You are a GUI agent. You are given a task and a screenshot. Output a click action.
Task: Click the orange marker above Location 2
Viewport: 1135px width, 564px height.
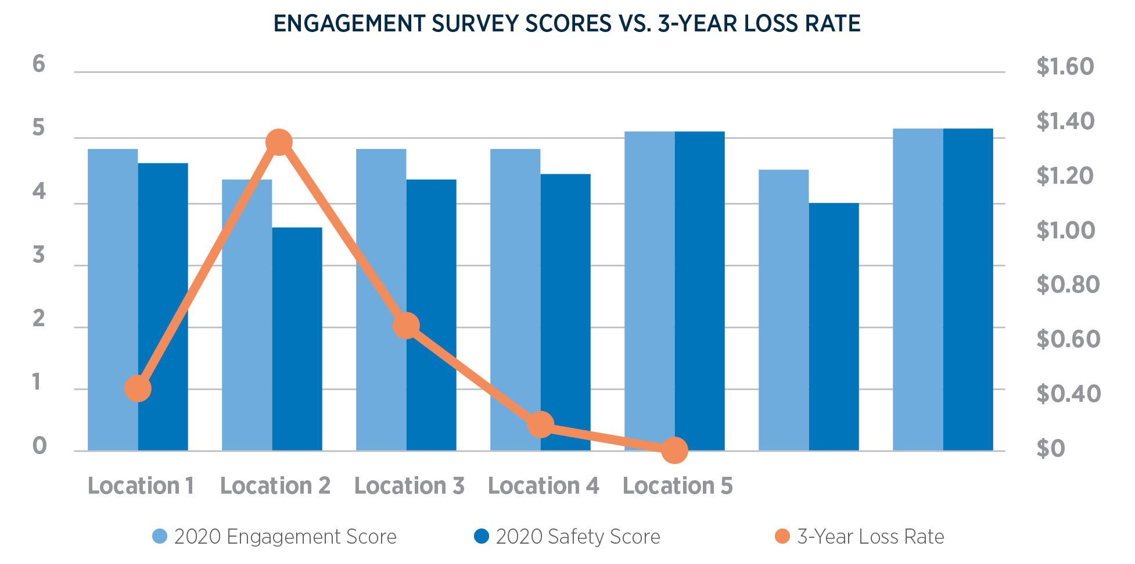(x=279, y=142)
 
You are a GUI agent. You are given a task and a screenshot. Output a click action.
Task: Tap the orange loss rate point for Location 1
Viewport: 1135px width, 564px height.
(x=138, y=388)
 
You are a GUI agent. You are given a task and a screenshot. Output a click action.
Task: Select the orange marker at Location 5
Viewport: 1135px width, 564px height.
(x=674, y=450)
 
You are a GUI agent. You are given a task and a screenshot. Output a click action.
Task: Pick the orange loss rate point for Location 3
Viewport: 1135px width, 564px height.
(x=406, y=326)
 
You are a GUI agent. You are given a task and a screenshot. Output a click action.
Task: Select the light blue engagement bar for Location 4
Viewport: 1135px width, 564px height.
(x=515, y=299)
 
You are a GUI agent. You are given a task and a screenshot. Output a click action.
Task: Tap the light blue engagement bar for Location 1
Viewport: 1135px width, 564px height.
(x=113, y=299)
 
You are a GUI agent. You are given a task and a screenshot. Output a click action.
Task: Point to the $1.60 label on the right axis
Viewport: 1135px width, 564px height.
(x=1065, y=67)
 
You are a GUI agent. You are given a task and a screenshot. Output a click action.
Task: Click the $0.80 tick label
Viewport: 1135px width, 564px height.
(x=1068, y=284)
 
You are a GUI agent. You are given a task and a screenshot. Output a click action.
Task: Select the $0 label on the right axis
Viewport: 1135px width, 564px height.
(x=1050, y=448)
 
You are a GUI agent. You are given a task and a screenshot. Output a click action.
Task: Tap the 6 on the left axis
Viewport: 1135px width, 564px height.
(x=39, y=64)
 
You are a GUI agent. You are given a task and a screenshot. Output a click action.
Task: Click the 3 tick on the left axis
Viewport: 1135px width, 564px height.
(x=39, y=255)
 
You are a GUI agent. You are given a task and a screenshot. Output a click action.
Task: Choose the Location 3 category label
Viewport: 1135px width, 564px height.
(x=409, y=486)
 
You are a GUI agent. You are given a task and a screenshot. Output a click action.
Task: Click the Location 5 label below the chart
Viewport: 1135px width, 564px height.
(x=677, y=486)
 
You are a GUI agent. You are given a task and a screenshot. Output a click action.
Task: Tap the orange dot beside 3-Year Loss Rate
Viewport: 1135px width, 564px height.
(x=782, y=536)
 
